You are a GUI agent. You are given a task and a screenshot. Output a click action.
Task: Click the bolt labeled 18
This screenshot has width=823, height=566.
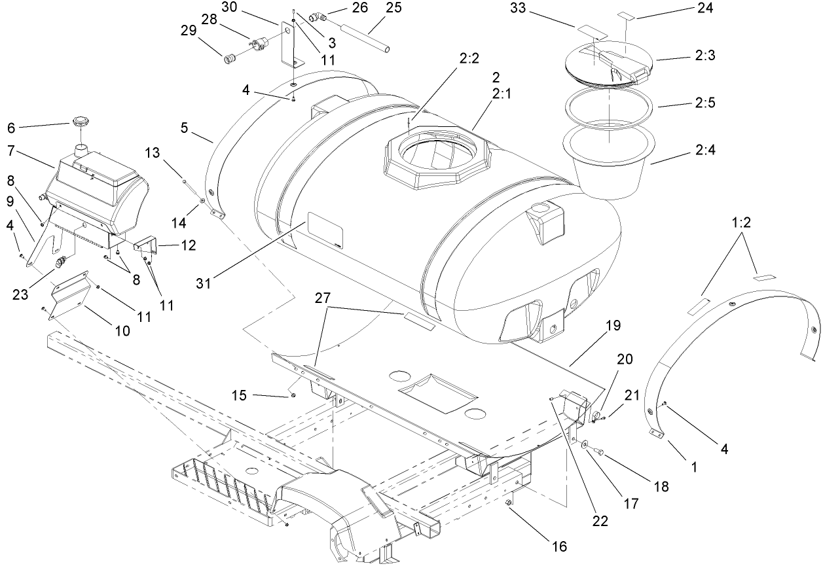point(598,450)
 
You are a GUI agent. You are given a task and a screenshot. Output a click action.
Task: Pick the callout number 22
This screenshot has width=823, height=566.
point(600,521)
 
